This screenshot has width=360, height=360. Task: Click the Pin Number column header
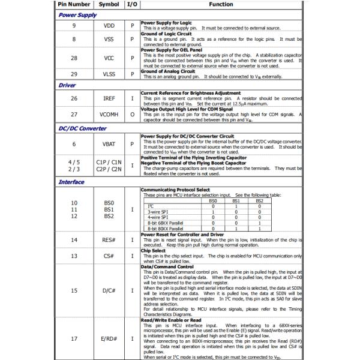click(x=74, y=4)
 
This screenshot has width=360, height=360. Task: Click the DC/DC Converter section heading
click(x=82, y=128)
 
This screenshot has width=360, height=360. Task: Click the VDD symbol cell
click(x=109, y=26)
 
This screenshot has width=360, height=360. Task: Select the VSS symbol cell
click(x=109, y=40)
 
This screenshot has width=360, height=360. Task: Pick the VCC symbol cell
click(x=109, y=58)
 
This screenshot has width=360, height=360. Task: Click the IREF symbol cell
click(x=109, y=98)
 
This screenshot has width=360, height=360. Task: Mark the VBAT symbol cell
click(x=109, y=144)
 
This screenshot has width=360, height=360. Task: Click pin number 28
click(x=74, y=58)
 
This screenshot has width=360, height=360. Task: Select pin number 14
click(x=74, y=240)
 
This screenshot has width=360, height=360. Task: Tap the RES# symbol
click(x=109, y=240)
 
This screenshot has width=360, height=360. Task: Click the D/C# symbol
click(x=109, y=291)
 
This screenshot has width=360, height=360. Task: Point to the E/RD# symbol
click(x=109, y=339)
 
